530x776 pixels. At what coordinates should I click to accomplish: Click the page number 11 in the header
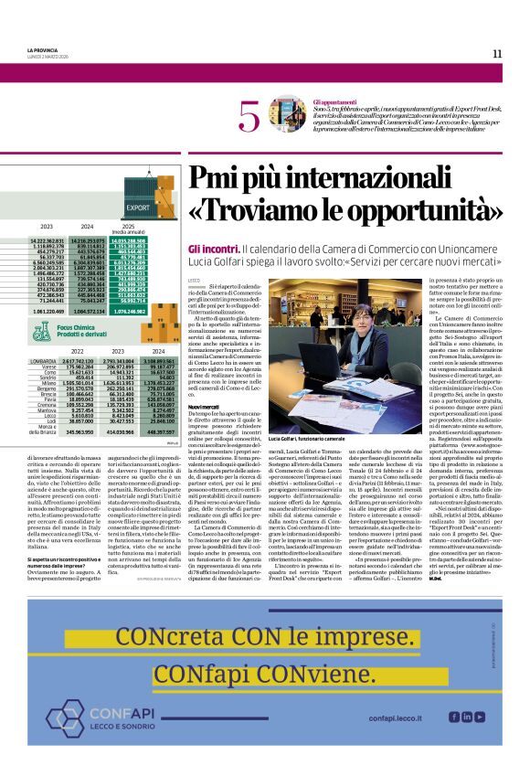496,53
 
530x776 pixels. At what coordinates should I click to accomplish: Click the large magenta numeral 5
248,118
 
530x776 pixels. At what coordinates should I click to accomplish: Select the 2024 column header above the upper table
87,226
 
